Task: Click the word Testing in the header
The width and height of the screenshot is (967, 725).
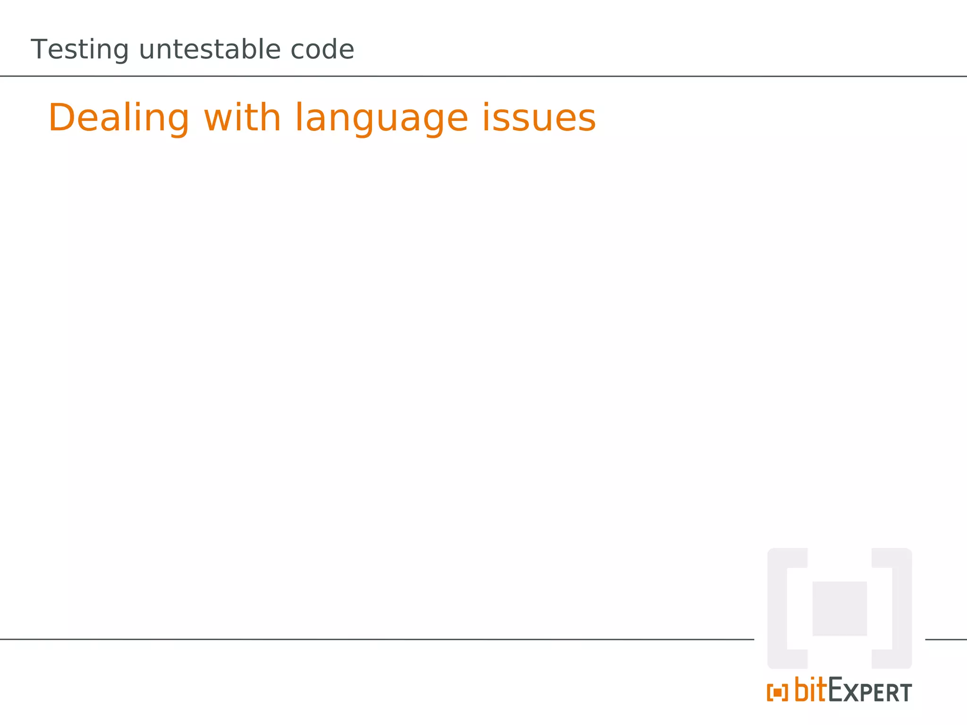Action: (x=79, y=50)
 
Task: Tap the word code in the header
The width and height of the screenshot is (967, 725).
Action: (x=322, y=49)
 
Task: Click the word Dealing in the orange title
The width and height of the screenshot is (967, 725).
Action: (x=119, y=118)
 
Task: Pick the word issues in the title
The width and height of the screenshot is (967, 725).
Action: (x=539, y=118)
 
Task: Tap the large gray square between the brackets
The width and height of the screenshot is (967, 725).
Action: (x=840, y=608)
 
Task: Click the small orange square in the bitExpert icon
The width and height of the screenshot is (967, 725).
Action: (x=777, y=693)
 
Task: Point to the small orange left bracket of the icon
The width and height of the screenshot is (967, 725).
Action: (x=770, y=693)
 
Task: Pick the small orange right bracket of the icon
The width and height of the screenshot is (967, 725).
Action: (x=785, y=693)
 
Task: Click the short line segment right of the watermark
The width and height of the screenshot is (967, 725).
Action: (x=946, y=640)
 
